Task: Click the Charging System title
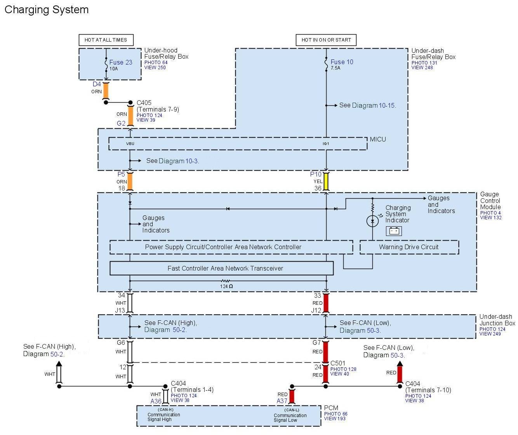point(47,10)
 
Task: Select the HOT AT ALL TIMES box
point(106,40)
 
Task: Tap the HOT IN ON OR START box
point(326,40)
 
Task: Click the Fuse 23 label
point(121,62)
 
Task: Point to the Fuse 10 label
point(342,62)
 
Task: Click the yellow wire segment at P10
point(326,182)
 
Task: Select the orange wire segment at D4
point(106,91)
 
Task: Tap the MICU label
point(378,139)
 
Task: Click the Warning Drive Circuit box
point(409,247)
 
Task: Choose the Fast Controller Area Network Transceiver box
point(221,268)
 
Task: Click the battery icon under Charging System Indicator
point(394,231)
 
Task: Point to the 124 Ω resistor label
point(226,287)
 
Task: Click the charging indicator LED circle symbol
point(372,221)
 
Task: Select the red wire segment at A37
point(292,397)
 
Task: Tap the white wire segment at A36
point(166,397)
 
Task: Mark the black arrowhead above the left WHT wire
point(59,364)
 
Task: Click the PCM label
point(331,408)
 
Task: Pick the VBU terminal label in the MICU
point(130,144)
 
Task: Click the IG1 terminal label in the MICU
point(326,144)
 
